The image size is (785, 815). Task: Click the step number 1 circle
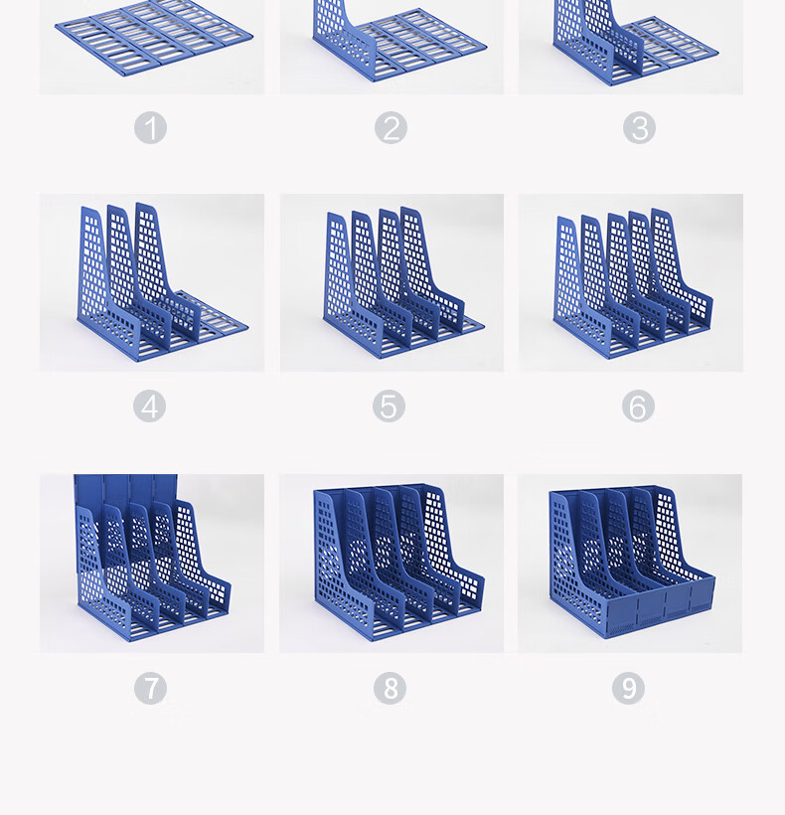[151, 128]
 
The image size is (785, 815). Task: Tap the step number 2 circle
[391, 128]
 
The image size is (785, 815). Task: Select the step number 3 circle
[639, 128]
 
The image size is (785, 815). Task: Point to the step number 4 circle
[150, 406]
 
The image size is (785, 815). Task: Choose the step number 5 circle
[389, 406]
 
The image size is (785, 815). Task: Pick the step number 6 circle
[638, 406]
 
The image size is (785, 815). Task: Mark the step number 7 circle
[151, 688]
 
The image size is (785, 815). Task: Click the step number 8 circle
[391, 688]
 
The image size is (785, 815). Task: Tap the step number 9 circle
[629, 688]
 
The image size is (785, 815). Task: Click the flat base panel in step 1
[154, 38]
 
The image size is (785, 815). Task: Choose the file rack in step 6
[634, 284]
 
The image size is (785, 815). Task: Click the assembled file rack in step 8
[399, 563]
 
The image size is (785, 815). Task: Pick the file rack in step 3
[635, 42]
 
